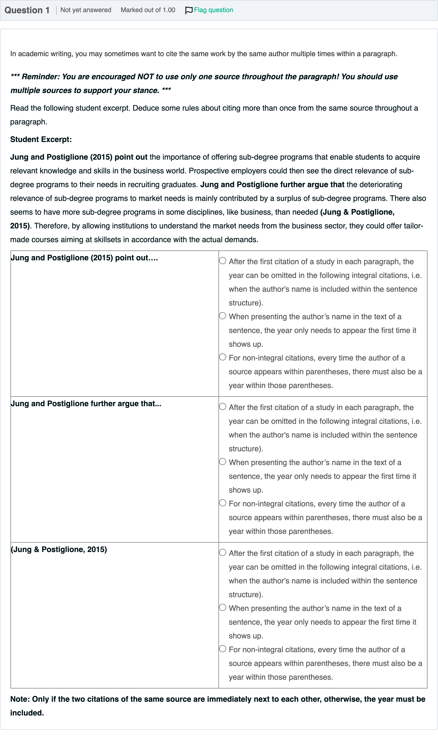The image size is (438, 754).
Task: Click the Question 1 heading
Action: [x=27, y=10]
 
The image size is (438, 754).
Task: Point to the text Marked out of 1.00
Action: [x=148, y=10]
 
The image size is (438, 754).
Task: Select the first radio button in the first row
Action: [x=223, y=261]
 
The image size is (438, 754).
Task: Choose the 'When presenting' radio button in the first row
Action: [x=223, y=316]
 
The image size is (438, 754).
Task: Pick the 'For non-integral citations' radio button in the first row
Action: [x=223, y=357]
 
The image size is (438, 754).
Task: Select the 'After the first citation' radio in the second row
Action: [x=223, y=406]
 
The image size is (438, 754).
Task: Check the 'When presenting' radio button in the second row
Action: [x=223, y=461]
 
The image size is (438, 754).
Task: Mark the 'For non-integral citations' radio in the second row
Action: [x=223, y=503]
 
